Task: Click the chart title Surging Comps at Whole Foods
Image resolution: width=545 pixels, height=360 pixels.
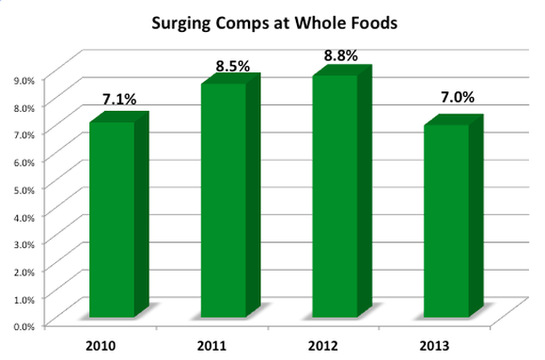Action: click(272, 23)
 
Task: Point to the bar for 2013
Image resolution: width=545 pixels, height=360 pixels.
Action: click(446, 220)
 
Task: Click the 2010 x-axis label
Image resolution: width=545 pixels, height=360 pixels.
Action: click(101, 343)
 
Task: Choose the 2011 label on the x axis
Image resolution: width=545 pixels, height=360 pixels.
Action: click(213, 343)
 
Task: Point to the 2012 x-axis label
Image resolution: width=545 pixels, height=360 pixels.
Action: click(325, 343)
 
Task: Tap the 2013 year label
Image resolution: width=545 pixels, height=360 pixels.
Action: click(437, 343)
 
